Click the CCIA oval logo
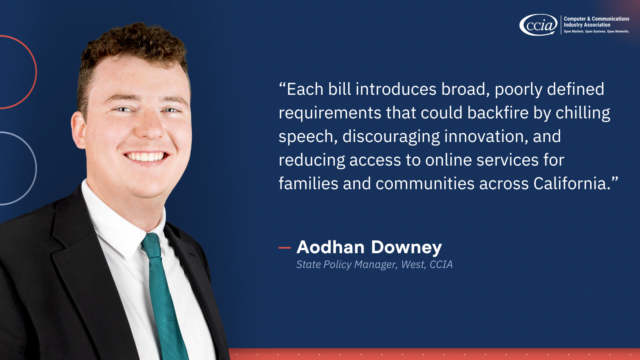pos(538,25)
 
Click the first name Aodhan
pos(330,247)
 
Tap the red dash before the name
pos(284,248)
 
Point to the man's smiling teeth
pos(146,156)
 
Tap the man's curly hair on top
pos(136,44)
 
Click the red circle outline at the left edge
pos(35,72)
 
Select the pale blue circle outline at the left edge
pos(35,168)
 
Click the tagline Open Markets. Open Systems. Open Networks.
pos(596,32)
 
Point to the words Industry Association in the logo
pos(587,25)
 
